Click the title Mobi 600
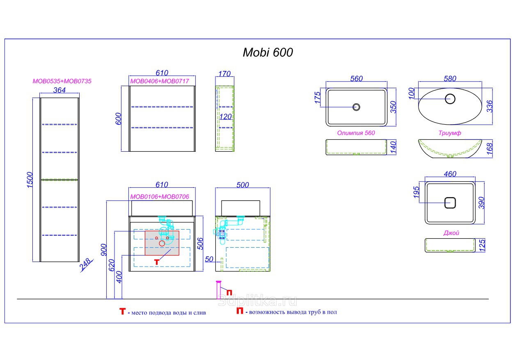click(268, 52)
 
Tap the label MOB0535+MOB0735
click(62, 81)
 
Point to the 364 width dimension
click(60, 91)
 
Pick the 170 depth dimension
click(224, 74)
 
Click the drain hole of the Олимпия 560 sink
click(356, 107)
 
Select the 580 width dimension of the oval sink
click(450, 79)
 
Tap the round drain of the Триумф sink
click(450, 98)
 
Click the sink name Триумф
click(450, 133)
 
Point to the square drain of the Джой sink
click(450, 203)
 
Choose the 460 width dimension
click(450, 174)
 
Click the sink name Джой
click(451, 232)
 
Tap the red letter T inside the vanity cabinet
click(156, 261)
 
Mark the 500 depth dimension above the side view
click(243, 185)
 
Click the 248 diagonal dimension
click(86, 265)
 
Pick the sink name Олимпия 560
click(356, 133)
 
